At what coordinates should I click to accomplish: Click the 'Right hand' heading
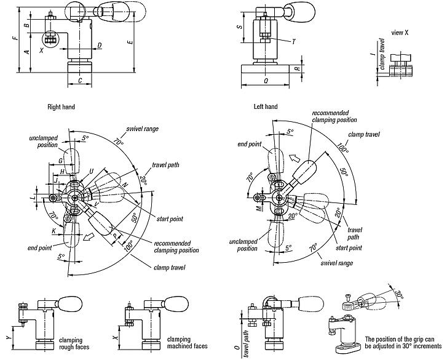tap(61, 107)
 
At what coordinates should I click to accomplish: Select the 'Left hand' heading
tap(266, 107)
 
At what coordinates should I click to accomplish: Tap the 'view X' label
tap(400, 31)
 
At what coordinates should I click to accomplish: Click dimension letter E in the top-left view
tap(129, 42)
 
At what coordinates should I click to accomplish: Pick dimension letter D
tap(100, 46)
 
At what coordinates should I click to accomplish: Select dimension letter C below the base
tap(79, 81)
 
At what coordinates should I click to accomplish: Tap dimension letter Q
tap(265, 80)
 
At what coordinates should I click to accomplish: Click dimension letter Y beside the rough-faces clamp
tap(7, 337)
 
